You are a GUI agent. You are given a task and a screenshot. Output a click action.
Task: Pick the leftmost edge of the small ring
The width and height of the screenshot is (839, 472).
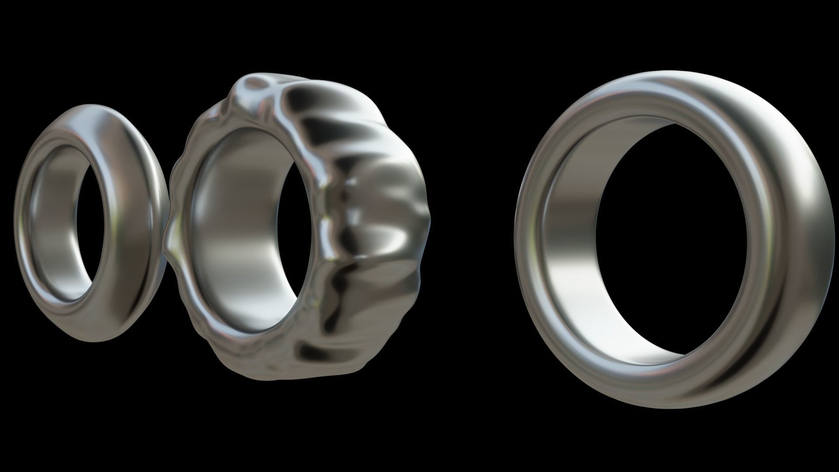[x=17, y=223]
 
